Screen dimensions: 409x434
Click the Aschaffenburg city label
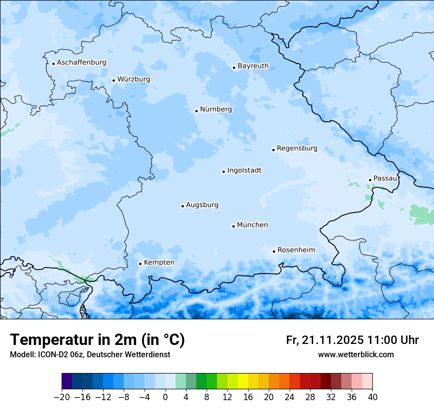click(81, 63)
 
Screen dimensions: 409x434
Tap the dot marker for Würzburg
click(113, 80)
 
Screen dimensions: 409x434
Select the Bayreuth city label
click(253, 66)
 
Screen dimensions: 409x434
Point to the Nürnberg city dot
click(196, 111)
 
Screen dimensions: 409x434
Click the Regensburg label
click(297, 148)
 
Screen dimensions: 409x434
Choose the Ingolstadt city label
click(244, 170)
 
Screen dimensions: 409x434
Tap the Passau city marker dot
click(370, 180)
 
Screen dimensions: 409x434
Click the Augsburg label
click(202, 205)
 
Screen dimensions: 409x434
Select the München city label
click(253, 225)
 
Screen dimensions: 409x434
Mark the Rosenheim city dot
click(274, 251)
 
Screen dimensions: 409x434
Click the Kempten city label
click(159, 263)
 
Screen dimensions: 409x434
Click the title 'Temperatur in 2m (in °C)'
click(98, 340)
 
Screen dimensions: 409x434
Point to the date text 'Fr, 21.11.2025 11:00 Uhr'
click(352, 340)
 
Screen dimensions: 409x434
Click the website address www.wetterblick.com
click(356, 354)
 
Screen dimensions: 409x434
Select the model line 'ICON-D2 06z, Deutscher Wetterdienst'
click(90, 354)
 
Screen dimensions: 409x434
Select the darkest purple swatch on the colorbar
click(67, 381)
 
